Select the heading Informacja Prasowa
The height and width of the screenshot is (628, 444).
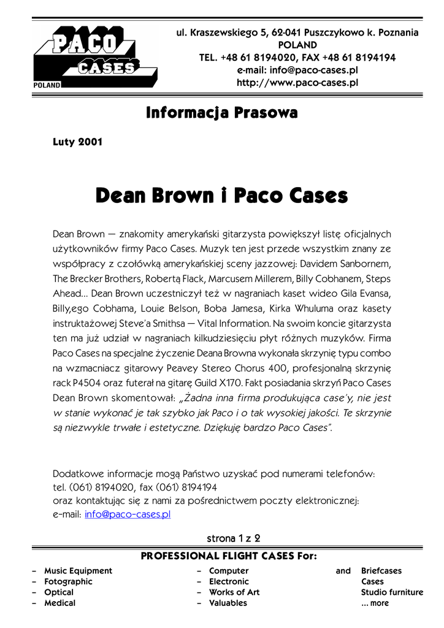[x=222, y=113]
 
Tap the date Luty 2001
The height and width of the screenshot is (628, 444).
[x=78, y=142]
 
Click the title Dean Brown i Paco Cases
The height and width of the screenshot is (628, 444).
[x=222, y=196]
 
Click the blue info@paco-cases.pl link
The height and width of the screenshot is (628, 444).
[x=128, y=515]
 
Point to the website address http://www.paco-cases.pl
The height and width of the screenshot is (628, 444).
[x=297, y=82]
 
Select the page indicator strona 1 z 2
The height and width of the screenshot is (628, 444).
[x=234, y=538]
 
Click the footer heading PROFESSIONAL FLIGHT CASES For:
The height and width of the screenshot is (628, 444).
[x=229, y=556]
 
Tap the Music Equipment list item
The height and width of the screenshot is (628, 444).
[x=78, y=571]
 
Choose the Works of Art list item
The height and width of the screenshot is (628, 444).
[x=234, y=592]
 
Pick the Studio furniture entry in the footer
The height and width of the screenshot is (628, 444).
[x=392, y=592]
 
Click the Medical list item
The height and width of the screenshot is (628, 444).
[x=59, y=603]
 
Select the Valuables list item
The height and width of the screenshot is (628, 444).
[x=228, y=603]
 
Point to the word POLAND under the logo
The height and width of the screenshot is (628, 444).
[x=48, y=85]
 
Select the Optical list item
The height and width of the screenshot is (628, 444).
[x=59, y=592]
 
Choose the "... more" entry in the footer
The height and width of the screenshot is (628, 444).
[x=375, y=603]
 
